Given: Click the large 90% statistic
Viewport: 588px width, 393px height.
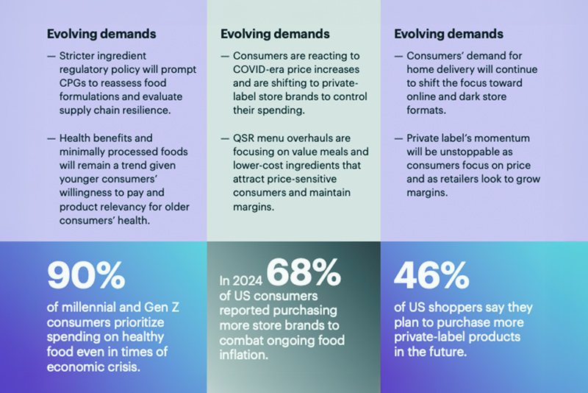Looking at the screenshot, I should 86,276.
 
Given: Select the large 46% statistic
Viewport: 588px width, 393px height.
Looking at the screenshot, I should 431,276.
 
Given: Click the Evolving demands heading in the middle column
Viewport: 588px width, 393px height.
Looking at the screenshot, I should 275,34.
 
